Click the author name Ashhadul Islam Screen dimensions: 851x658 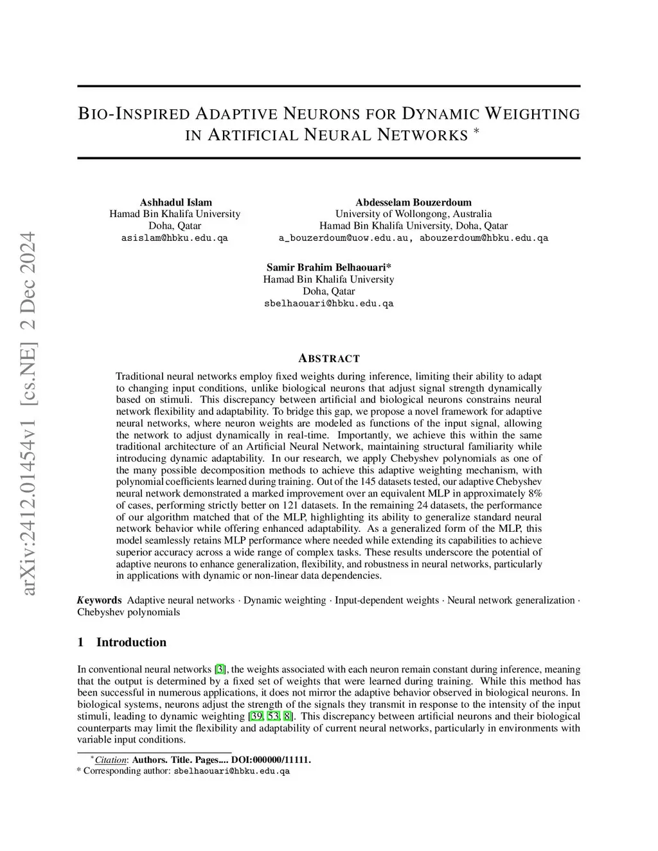[175, 202]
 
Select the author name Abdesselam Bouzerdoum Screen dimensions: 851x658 [413, 202]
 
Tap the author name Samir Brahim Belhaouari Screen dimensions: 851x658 [328, 267]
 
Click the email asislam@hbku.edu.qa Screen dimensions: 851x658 [175, 238]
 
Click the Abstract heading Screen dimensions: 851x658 [329, 358]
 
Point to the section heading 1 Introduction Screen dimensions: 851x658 [122, 642]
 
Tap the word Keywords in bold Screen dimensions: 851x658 [100, 601]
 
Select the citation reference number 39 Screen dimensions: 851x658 [256, 716]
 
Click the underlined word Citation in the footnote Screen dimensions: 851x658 [111, 760]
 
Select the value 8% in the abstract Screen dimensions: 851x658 [535, 494]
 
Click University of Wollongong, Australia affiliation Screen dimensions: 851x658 [413, 214]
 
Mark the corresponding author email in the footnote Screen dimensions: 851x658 [232, 771]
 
